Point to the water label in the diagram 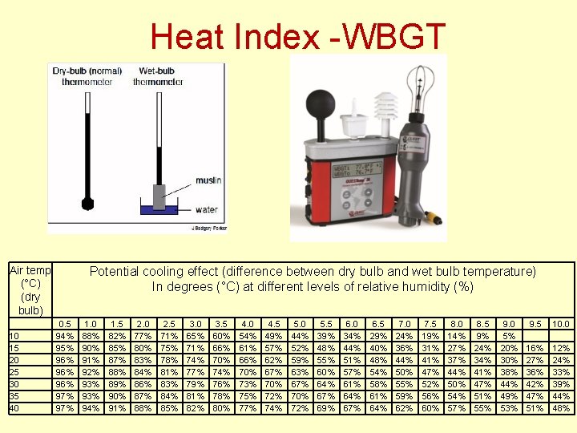(x=205, y=210)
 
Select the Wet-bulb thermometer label (x=157, y=76)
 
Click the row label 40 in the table (x=14, y=408)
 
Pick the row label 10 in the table (x=14, y=336)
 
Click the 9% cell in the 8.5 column (x=482, y=336)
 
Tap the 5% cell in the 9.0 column (x=509, y=336)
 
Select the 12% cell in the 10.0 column (x=561, y=348)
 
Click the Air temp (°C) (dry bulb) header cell (x=30, y=290)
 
